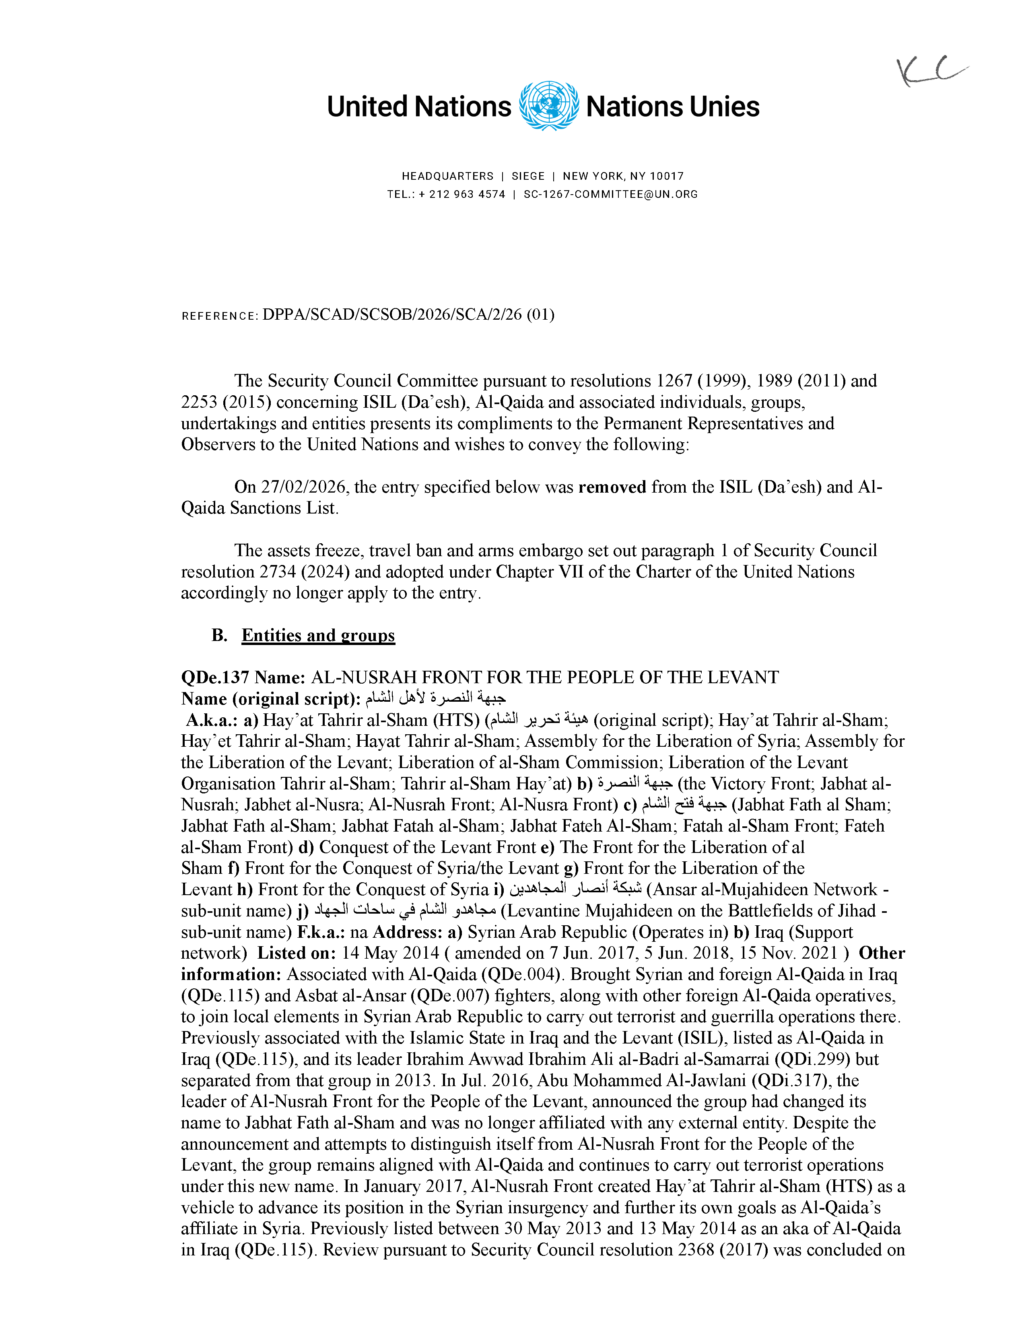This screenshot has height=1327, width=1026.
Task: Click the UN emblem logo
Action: click(548, 106)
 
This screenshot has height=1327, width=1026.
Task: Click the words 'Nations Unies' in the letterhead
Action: click(672, 107)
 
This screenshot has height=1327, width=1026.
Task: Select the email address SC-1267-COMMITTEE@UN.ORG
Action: click(610, 195)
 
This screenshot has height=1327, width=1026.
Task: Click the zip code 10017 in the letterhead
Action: click(667, 176)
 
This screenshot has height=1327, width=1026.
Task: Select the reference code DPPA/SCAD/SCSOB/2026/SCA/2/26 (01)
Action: click(408, 315)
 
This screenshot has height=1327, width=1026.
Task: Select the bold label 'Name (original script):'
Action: click(270, 699)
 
